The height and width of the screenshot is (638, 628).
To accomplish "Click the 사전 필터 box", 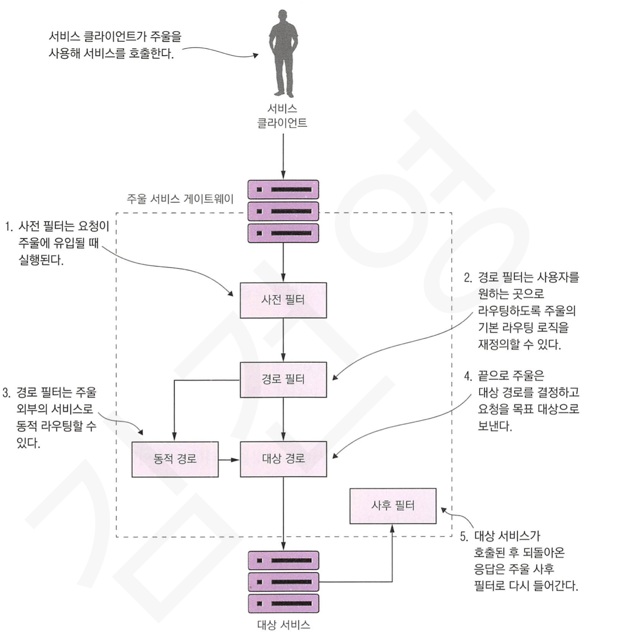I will (x=283, y=300).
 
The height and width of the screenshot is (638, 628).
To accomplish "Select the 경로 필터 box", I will (x=283, y=379).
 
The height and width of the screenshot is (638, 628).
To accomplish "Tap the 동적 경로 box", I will (x=175, y=459).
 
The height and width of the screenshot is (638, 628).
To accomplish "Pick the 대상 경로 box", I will (x=283, y=459).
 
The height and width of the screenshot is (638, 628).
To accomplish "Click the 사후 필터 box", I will (x=392, y=505).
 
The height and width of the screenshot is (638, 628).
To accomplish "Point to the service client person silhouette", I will (x=283, y=54).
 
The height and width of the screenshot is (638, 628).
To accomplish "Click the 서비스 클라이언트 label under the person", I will (x=282, y=116).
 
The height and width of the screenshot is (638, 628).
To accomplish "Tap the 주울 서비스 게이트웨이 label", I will (x=180, y=199).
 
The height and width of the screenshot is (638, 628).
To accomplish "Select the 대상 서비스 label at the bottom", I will (x=283, y=625).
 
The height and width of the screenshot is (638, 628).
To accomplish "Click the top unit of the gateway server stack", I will (x=283, y=190).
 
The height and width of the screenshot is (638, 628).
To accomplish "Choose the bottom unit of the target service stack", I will (x=283, y=604).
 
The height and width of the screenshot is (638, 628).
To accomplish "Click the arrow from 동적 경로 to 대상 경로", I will (x=229, y=459).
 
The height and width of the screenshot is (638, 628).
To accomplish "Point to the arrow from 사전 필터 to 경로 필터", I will (x=283, y=340).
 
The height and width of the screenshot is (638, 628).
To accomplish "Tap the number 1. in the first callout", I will (x=9, y=227).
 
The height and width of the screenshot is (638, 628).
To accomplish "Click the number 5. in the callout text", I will (x=464, y=536).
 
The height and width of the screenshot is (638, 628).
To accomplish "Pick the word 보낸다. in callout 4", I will (x=495, y=426).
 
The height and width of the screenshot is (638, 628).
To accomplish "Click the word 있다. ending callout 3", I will (x=28, y=443).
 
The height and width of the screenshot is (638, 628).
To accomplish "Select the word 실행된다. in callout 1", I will (x=41, y=260).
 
